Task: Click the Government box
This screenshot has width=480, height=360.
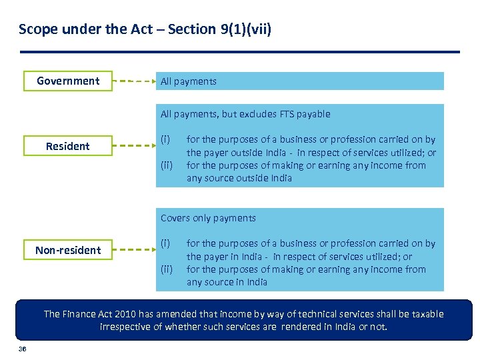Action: coord(68,81)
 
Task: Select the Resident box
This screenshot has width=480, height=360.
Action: coord(68,146)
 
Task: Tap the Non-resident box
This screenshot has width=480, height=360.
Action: coord(68,250)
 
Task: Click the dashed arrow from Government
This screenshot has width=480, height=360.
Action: coord(133,81)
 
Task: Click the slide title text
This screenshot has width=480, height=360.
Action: coord(145,29)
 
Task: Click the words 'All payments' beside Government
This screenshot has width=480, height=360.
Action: coord(189,81)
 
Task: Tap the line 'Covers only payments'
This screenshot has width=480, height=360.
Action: coord(208,218)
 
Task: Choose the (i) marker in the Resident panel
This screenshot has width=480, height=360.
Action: coord(165,139)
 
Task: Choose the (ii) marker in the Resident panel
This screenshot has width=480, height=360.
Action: coord(166,165)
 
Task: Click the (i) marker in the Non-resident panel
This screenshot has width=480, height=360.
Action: coord(165,243)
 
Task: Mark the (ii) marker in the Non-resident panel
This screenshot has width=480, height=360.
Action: coord(166,269)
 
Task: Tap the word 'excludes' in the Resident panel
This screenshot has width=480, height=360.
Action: coord(243,114)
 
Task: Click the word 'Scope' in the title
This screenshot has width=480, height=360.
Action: coord(35,29)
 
